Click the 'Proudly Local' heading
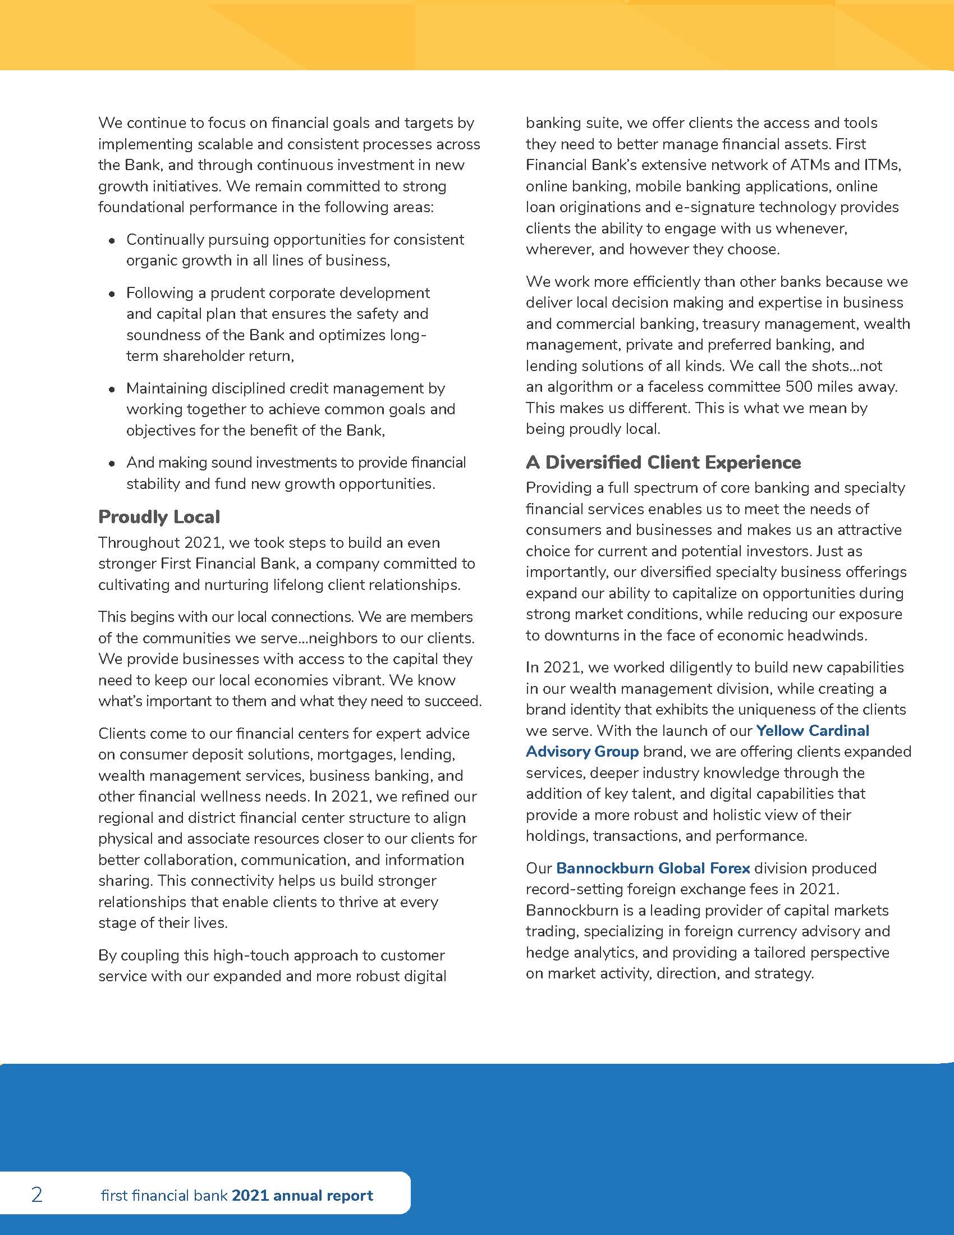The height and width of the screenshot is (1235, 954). [x=159, y=517]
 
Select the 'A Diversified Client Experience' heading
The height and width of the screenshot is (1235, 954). [x=663, y=463]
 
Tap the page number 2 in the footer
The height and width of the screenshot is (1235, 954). [x=36, y=1195]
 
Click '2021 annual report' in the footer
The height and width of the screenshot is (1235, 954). [x=302, y=1195]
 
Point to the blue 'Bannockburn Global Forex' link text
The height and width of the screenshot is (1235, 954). [x=653, y=868]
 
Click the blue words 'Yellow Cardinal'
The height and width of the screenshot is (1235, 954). [x=812, y=730]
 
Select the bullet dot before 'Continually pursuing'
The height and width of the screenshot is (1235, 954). [x=112, y=241]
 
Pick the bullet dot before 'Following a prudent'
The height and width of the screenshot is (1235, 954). [x=112, y=294]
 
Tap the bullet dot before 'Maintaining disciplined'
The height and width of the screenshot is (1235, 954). [x=112, y=390]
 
